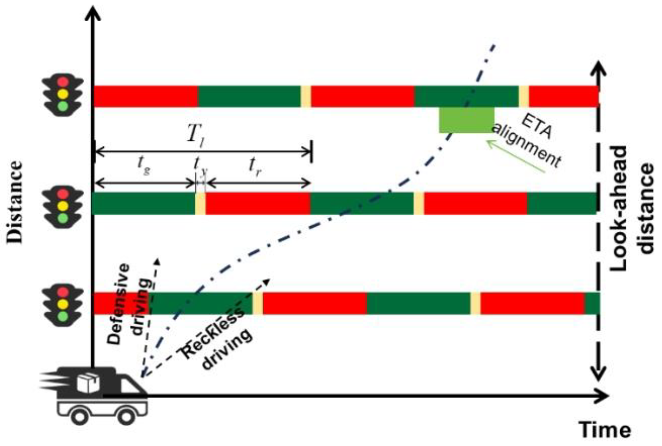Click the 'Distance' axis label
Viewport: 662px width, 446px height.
[16, 202]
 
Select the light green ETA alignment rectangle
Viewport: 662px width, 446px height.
[466, 120]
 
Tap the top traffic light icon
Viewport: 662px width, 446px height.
[63, 94]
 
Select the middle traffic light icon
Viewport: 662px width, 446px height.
[63, 206]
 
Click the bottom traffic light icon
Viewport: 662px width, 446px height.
[63, 304]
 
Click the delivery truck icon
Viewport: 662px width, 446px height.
[97, 395]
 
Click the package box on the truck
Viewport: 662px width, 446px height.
[88, 383]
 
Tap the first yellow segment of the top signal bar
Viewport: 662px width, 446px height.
[306, 96]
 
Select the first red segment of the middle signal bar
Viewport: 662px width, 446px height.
[258, 203]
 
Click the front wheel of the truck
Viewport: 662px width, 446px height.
[126, 415]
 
